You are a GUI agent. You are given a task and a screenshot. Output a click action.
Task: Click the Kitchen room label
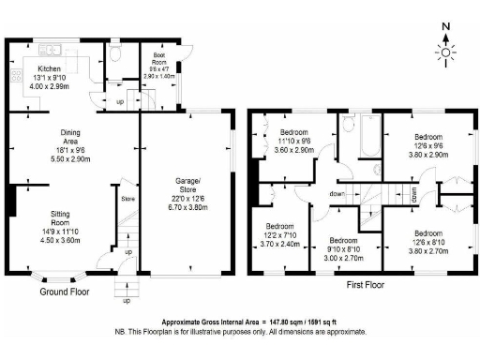coord(50,69)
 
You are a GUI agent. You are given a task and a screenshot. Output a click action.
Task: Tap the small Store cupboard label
coord(127,198)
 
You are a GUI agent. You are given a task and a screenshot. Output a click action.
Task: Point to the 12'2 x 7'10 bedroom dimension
coord(280,236)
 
